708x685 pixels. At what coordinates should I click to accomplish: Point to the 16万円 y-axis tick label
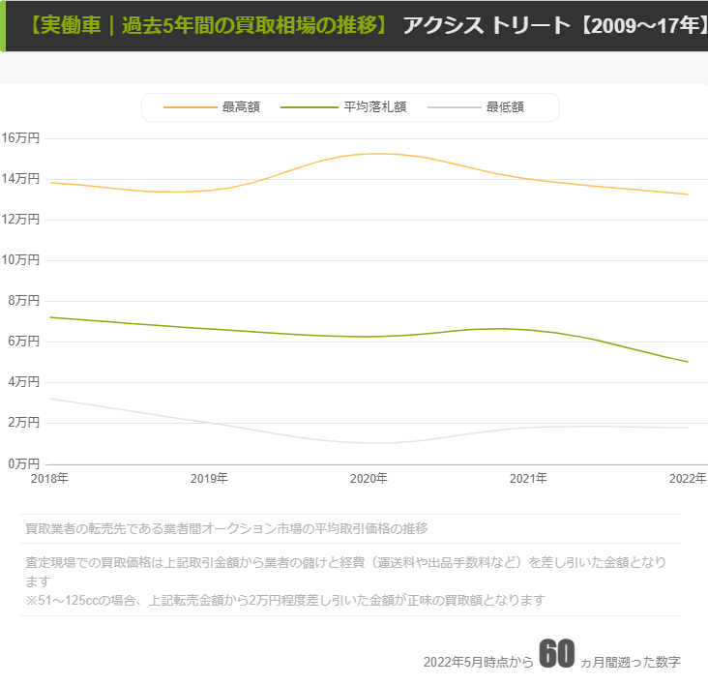tap(20, 137)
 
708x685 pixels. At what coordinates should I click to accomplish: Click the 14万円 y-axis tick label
tap(20, 178)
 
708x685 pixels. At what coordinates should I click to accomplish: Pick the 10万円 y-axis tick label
tap(20, 259)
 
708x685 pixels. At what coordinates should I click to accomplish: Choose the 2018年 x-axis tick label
tap(49, 478)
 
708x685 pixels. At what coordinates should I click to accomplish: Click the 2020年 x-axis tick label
tap(369, 478)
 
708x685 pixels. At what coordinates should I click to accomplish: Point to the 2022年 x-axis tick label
tap(688, 478)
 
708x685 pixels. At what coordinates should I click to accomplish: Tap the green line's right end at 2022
tap(688, 362)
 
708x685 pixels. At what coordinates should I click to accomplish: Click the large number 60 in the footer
tap(557, 654)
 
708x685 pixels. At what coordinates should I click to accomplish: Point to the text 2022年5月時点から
tap(478, 662)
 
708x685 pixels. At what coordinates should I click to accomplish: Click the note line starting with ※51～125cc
tap(285, 600)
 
